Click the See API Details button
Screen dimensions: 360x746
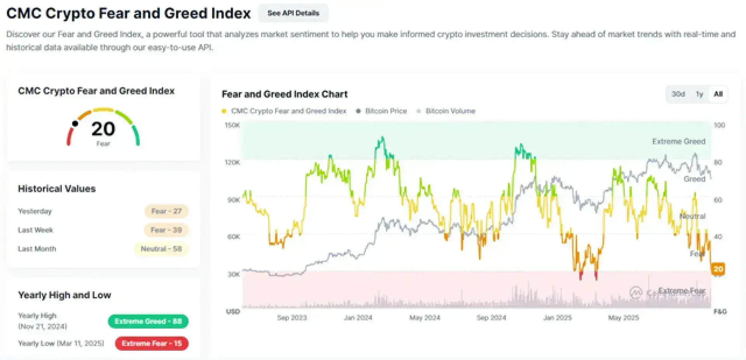click(x=293, y=13)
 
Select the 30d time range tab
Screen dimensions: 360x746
click(x=678, y=94)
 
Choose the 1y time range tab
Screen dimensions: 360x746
click(x=699, y=94)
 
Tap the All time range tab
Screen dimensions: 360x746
click(x=718, y=94)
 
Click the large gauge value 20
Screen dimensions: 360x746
click(x=103, y=129)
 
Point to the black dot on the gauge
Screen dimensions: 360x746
click(x=75, y=123)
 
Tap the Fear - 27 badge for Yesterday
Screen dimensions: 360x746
click(x=166, y=211)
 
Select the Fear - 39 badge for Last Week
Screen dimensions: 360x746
click(x=166, y=230)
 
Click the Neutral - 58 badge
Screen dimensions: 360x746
click(x=161, y=249)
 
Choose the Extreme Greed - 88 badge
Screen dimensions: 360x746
click(x=148, y=322)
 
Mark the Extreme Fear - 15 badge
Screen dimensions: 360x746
click(x=152, y=343)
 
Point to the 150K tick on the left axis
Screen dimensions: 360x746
click(x=232, y=125)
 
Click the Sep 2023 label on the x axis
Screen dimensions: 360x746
click(x=292, y=318)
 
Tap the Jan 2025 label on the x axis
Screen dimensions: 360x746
click(x=558, y=318)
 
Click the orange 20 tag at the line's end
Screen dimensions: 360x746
click(x=718, y=269)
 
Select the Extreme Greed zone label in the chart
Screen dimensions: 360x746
click(x=678, y=141)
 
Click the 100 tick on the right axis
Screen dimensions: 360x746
click(x=719, y=125)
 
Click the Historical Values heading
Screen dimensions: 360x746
click(x=57, y=189)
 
